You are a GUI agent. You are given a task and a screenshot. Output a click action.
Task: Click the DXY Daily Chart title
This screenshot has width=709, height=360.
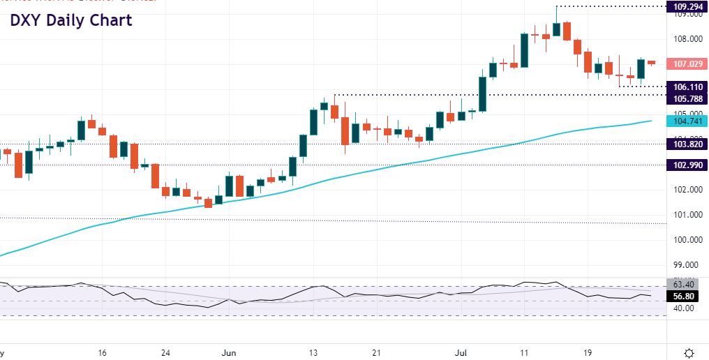coord(70,20)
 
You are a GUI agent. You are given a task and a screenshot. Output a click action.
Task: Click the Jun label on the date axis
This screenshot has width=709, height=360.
coord(230,352)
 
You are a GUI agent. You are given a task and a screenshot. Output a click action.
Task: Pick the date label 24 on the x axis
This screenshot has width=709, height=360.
coord(166,352)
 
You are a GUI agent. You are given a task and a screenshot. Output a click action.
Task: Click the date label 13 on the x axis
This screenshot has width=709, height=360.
coord(314,352)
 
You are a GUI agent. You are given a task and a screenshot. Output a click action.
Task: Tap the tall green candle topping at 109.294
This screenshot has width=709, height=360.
coord(556,28)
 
